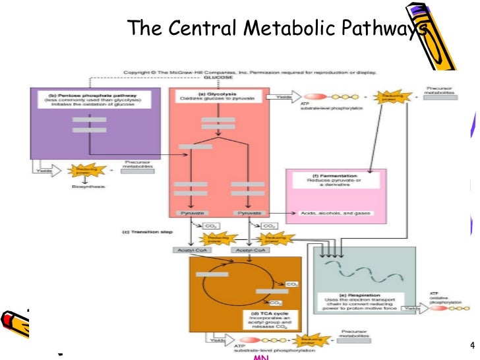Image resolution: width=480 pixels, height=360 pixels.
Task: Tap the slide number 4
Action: coord(471,345)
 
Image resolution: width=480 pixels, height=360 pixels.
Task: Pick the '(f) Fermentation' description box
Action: coord(336,181)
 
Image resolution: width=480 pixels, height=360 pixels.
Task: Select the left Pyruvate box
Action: coord(191,214)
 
